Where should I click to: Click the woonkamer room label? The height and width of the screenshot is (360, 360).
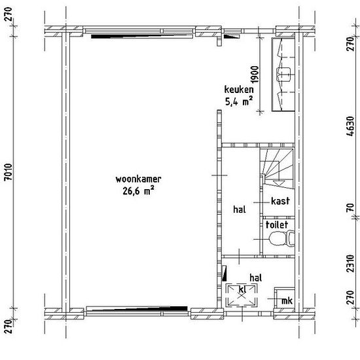[138, 179]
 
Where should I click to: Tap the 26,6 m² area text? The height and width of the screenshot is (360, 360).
[138, 191]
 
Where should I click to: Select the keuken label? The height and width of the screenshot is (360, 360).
[239, 90]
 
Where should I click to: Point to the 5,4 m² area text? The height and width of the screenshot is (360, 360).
[239, 101]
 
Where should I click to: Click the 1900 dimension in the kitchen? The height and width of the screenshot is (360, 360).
[255, 74]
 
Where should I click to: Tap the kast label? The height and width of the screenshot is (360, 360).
[280, 201]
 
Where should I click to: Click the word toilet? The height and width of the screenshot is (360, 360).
[277, 225]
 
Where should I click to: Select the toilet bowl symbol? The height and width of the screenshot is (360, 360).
[281, 238]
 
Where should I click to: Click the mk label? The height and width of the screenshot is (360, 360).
[287, 300]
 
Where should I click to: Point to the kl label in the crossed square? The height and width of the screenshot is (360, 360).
[242, 289]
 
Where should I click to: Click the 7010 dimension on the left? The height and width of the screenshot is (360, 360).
[9, 172]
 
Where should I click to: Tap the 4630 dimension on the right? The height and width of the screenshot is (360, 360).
[350, 126]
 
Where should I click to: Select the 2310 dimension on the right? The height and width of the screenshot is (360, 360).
[350, 263]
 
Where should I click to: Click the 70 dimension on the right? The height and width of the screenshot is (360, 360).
[350, 207]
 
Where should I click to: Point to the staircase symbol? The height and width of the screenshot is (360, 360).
[277, 169]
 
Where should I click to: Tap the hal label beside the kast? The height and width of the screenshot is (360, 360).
[240, 209]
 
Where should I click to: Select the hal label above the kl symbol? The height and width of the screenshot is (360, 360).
[256, 278]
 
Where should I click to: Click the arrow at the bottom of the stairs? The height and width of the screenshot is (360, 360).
[279, 183]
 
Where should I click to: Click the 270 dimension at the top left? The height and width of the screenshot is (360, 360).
[9, 14]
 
